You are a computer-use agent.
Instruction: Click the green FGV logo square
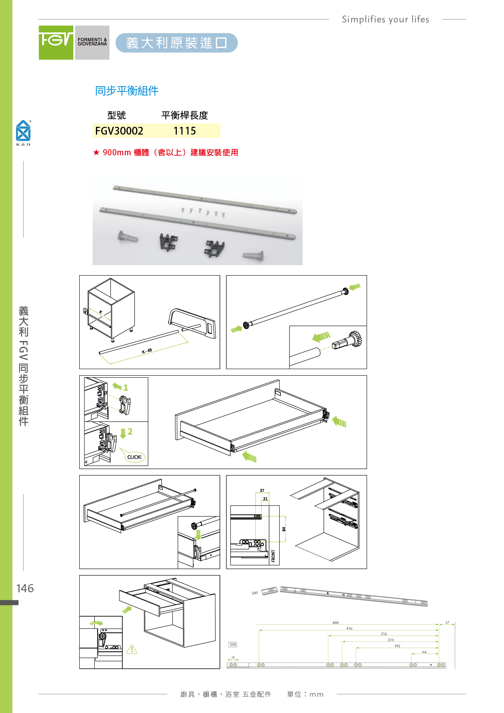pyautogui.click(x=56, y=43)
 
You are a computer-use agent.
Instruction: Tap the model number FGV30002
pyautogui.click(x=119, y=131)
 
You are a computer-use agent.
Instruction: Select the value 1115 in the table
pyautogui.click(x=185, y=131)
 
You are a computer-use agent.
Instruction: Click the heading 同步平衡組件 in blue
pyautogui.click(x=126, y=91)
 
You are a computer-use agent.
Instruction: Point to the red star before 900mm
pyautogui.click(x=96, y=152)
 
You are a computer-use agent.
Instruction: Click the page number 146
pyautogui.click(x=25, y=588)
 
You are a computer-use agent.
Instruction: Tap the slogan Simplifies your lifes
pyautogui.click(x=385, y=19)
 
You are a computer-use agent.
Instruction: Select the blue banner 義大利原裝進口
pyautogui.click(x=176, y=43)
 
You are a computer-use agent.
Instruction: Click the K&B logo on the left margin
pyautogui.click(x=23, y=132)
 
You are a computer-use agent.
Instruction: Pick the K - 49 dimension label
pyautogui.click(x=147, y=351)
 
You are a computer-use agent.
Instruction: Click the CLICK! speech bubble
pyautogui.click(x=135, y=457)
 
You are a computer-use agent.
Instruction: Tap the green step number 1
pyautogui.click(x=126, y=388)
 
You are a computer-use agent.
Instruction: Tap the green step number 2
pyautogui.click(x=130, y=431)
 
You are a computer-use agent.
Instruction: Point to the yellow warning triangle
pyautogui.click(x=132, y=649)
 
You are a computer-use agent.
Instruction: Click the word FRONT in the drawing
pyautogui.click(x=273, y=556)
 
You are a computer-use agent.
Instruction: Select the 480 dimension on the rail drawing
pyautogui.click(x=335, y=622)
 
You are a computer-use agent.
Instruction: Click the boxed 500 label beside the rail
pyautogui.click(x=232, y=644)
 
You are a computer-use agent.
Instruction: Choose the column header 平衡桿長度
pyautogui.click(x=185, y=115)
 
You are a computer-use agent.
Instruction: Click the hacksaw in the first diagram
pyautogui.click(x=192, y=323)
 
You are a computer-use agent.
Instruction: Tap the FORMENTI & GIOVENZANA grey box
pyautogui.click(x=92, y=43)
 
